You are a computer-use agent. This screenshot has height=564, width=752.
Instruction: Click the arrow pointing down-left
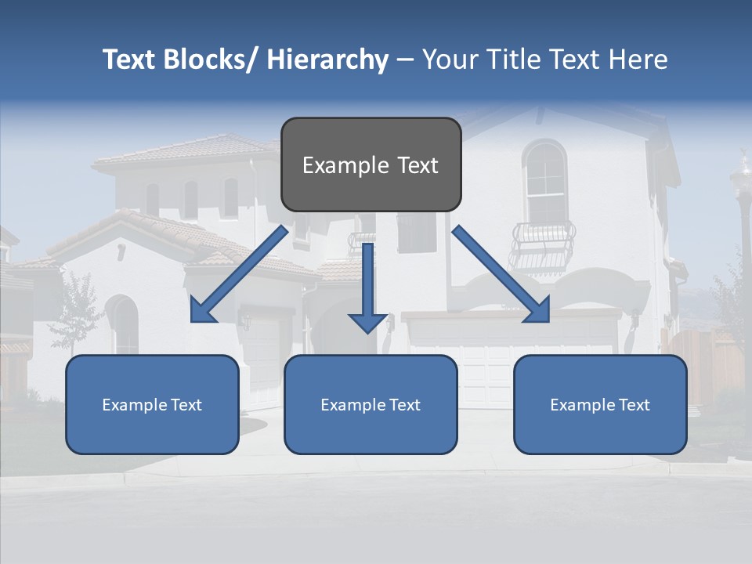tap(239, 273)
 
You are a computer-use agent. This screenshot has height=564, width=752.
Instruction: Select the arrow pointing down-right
tap(501, 273)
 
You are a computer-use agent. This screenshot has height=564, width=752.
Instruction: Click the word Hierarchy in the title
tap(327, 60)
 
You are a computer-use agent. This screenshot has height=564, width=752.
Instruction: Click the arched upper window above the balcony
tap(545, 181)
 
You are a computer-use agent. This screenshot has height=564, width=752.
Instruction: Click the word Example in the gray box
tap(334, 165)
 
